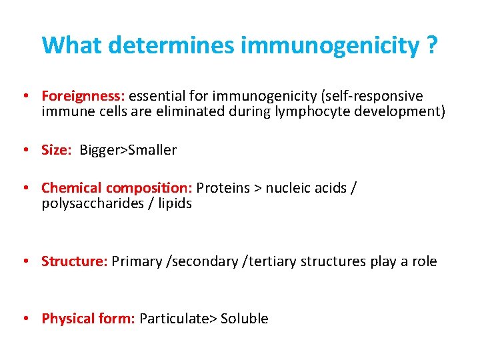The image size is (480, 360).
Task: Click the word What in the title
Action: click(x=71, y=45)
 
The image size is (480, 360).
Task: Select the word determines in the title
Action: click(x=171, y=45)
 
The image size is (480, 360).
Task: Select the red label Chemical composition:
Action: click(x=117, y=188)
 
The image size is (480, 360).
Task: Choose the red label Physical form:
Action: click(x=88, y=319)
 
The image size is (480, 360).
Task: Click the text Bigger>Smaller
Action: click(x=128, y=150)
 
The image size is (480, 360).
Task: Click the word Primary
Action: click(x=138, y=261)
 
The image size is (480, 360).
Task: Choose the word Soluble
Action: click(x=244, y=319)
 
